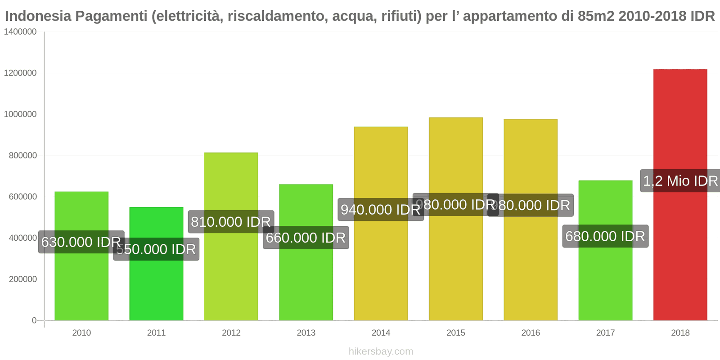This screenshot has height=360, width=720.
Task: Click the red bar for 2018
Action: point(680,252)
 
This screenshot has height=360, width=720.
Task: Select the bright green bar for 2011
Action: point(156,288)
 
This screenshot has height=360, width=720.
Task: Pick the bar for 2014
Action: point(381,270)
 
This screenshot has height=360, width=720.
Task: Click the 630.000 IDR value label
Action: point(81,242)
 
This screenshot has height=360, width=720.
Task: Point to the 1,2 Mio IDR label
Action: point(680,181)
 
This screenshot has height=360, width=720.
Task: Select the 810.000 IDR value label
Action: point(231,222)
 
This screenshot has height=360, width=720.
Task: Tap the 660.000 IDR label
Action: point(306,238)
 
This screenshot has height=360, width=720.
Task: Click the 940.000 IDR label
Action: point(381,210)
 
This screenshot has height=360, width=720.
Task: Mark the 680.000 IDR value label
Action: point(605,236)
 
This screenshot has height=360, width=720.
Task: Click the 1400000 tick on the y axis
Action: point(20,32)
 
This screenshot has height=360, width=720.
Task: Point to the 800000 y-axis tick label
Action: point(22,156)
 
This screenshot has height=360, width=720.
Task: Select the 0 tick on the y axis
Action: point(34,320)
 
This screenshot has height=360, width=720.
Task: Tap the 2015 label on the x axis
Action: point(455,333)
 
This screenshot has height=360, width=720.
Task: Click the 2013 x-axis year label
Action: point(306,333)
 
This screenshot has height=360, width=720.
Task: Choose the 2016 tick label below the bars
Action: point(531,333)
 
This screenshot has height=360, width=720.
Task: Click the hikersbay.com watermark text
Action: point(381,351)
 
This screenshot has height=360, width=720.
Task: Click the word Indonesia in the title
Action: point(38,16)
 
